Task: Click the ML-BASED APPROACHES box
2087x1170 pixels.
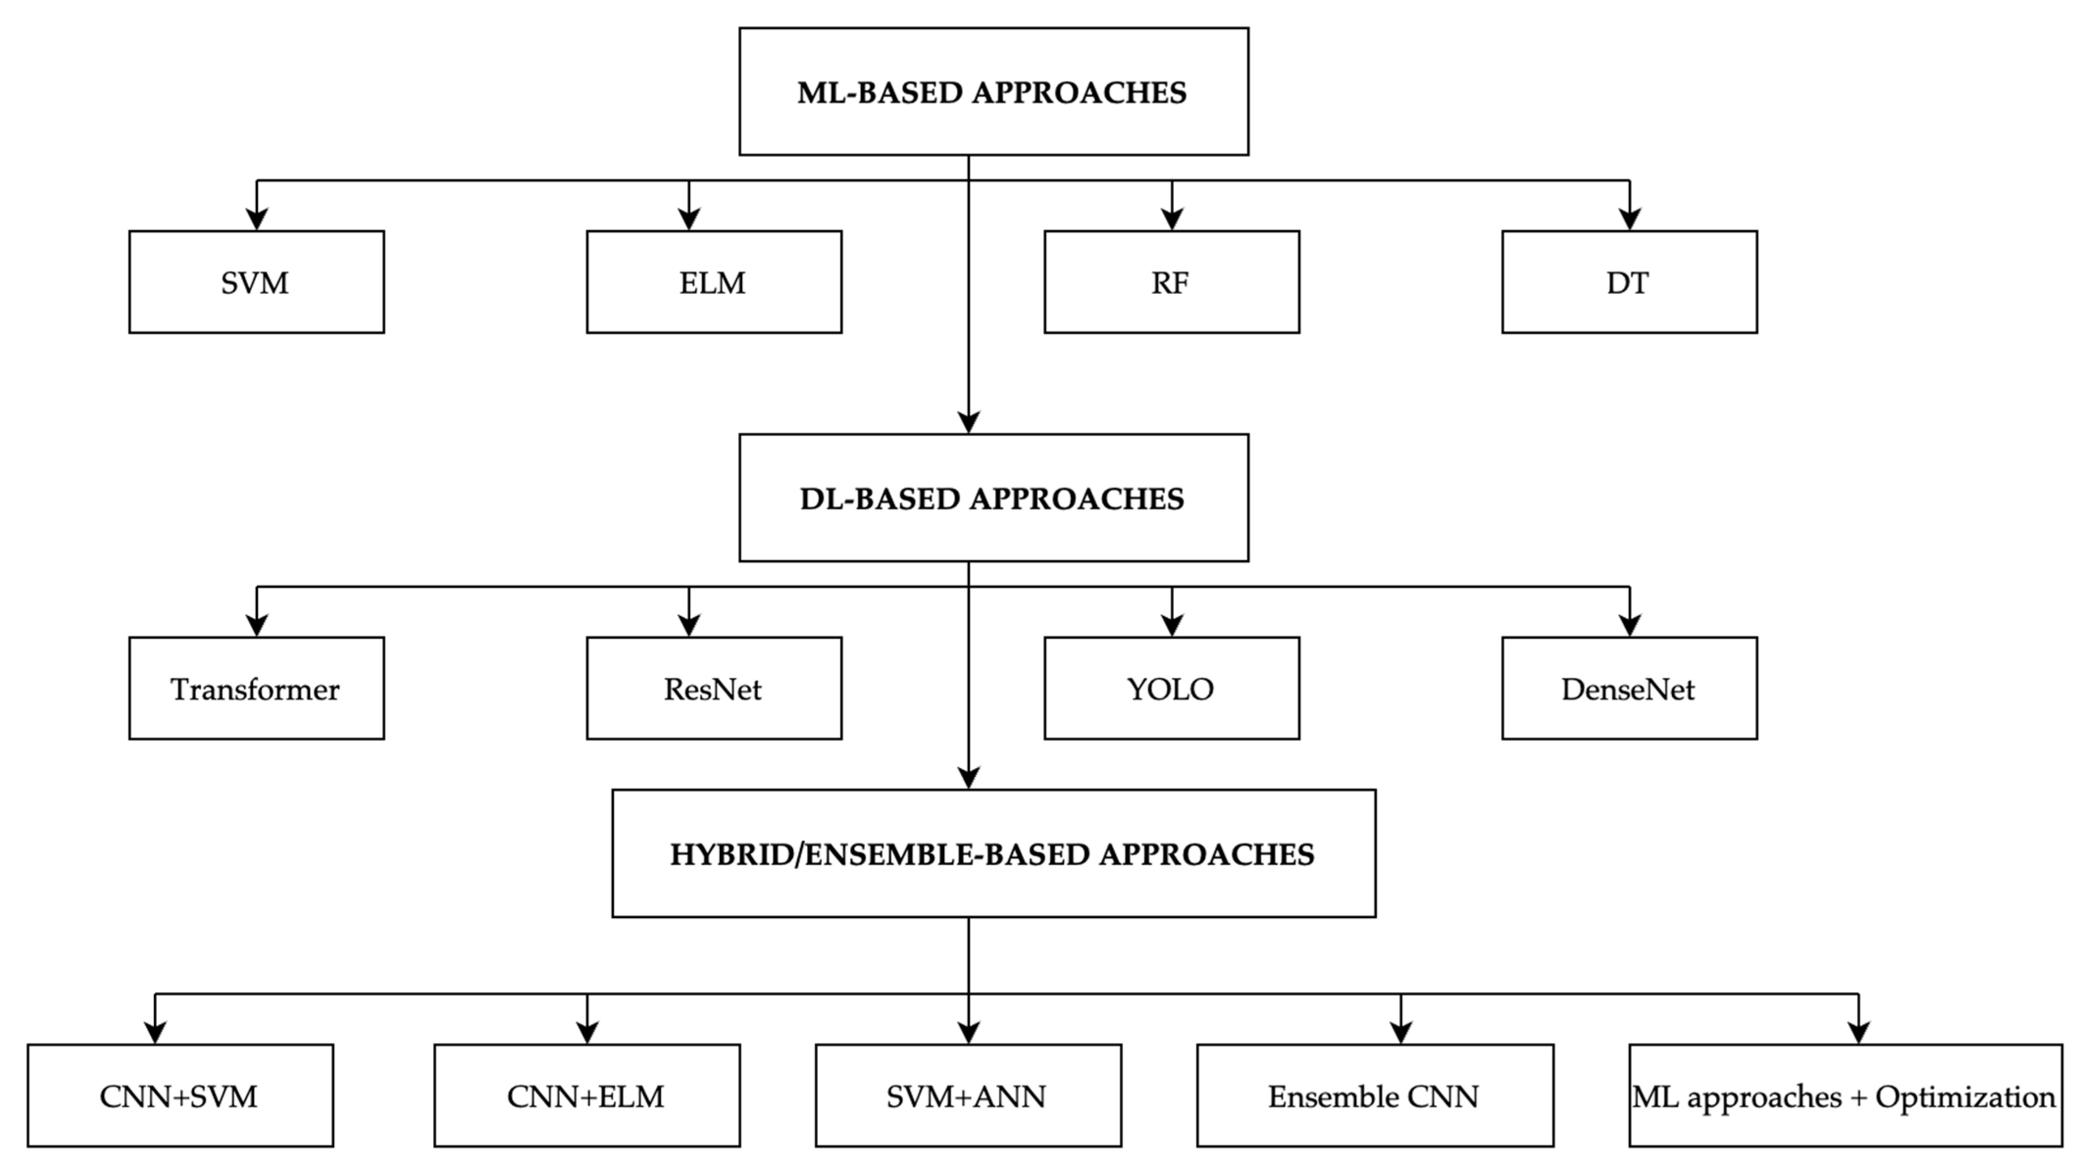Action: coord(993,92)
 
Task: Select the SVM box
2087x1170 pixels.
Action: coord(256,282)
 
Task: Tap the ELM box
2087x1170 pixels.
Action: coord(714,282)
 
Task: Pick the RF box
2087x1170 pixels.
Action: coord(1172,282)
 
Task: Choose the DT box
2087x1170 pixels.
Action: coord(1629,282)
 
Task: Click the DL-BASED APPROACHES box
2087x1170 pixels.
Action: coord(993,498)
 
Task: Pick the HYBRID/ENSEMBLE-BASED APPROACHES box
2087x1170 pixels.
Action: coord(993,853)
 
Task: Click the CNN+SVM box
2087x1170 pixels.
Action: coord(180,1095)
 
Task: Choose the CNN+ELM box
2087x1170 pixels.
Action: coord(586,1095)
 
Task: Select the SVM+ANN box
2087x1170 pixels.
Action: coord(968,1095)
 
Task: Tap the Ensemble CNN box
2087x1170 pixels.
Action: coord(1375,1095)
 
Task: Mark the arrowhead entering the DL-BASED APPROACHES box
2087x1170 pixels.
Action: coord(968,422)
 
